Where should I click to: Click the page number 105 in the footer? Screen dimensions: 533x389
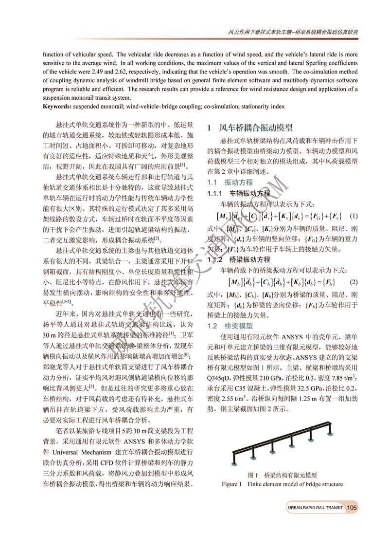coord(352,508)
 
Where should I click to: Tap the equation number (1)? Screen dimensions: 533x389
coord(354,216)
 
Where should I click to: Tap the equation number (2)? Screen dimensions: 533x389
coord(354,282)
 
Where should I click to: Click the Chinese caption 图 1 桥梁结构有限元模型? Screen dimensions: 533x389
coord(282,475)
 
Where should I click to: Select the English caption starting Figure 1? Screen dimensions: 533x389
coord(282,484)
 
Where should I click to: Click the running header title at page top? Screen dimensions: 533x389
coord(293,32)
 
